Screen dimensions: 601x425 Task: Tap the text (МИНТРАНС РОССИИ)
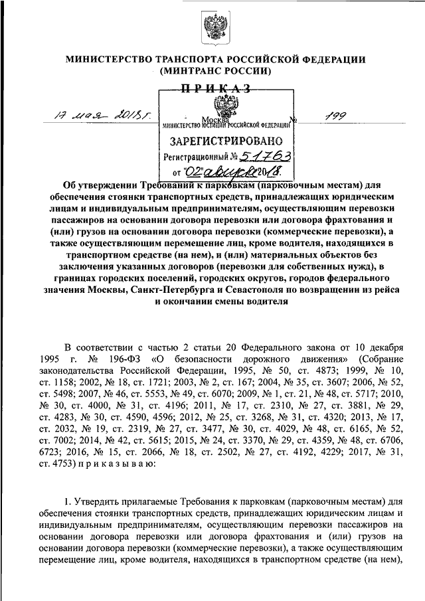[212, 70]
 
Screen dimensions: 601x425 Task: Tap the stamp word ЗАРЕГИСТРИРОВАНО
[227, 141]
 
